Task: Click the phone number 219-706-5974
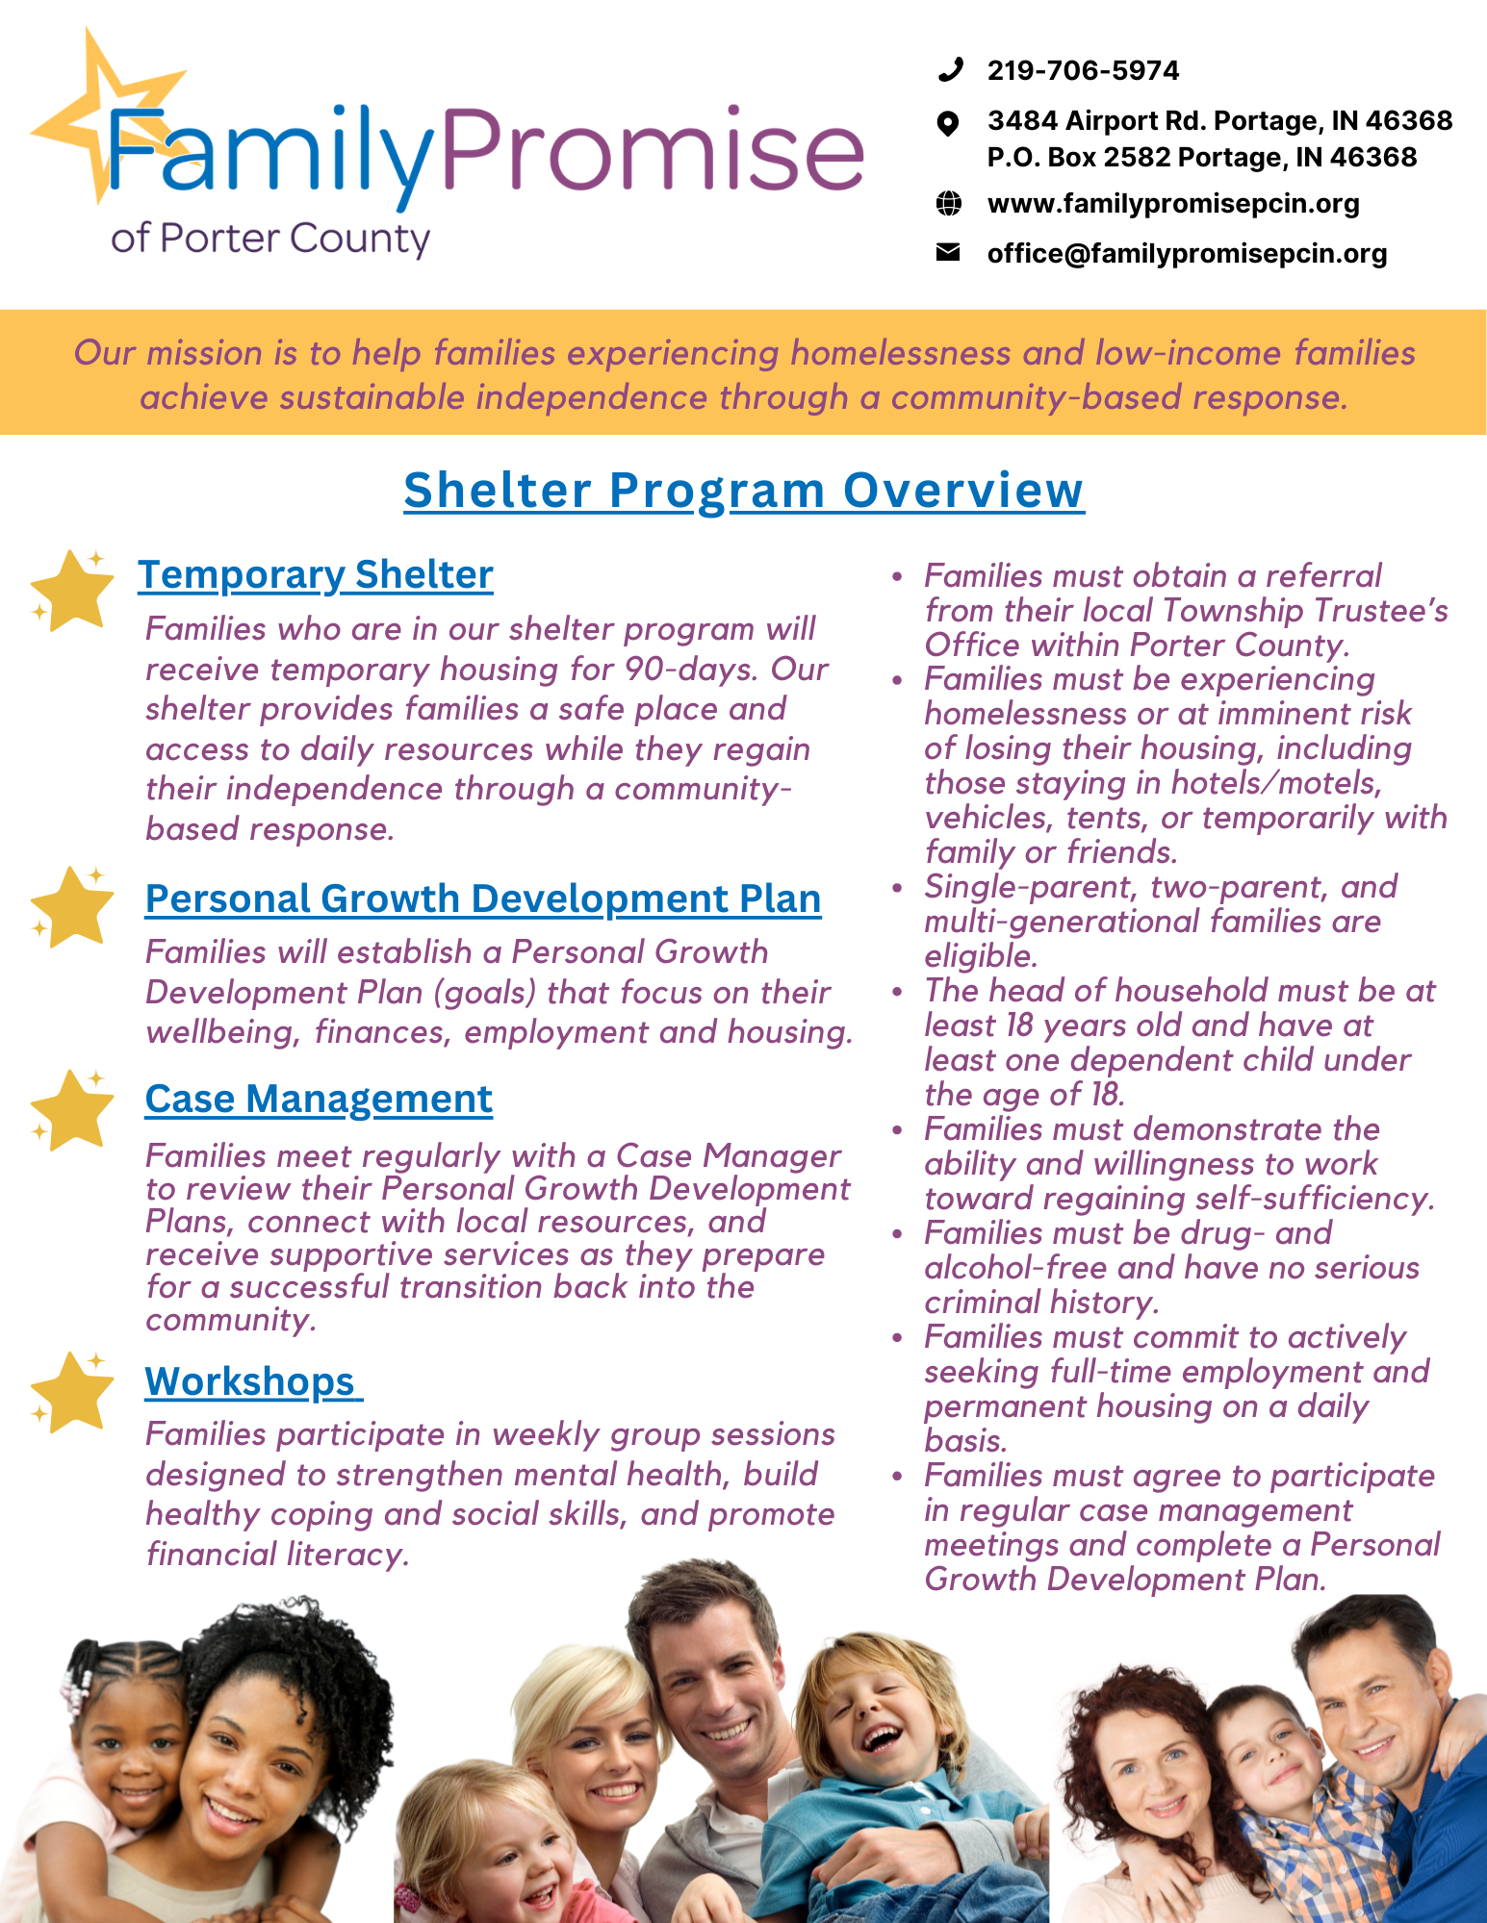point(1083,70)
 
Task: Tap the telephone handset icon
point(950,69)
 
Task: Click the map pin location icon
point(948,122)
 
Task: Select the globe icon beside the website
point(949,203)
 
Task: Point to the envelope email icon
point(948,252)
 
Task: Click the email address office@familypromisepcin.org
point(1187,253)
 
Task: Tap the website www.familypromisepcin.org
point(1173,204)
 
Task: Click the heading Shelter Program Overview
point(743,490)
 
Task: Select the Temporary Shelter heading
point(315,575)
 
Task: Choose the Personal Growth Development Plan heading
point(483,898)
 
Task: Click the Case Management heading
point(319,1099)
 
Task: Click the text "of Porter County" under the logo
point(269,238)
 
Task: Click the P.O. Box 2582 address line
point(1201,157)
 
